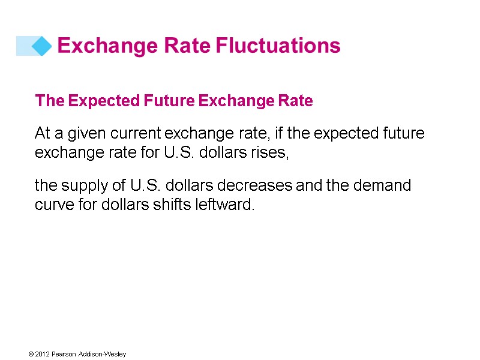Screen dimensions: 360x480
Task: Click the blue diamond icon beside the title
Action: (x=41, y=46)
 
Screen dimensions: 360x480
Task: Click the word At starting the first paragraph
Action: (x=42, y=133)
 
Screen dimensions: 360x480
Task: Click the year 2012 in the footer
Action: (x=41, y=355)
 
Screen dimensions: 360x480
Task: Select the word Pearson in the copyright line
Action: (x=63, y=355)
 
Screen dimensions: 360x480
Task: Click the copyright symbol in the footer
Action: (x=30, y=355)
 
